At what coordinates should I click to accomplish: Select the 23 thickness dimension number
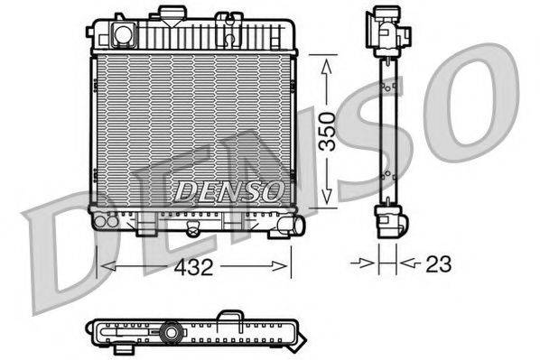[x=438, y=263]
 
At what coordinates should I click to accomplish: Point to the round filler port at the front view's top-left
[x=121, y=35]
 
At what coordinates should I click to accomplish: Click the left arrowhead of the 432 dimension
[x=106, y=265]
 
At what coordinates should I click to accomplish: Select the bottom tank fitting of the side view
[x=389, y=219]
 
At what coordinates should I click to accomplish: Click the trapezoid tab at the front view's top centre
[x=169, y=14]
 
